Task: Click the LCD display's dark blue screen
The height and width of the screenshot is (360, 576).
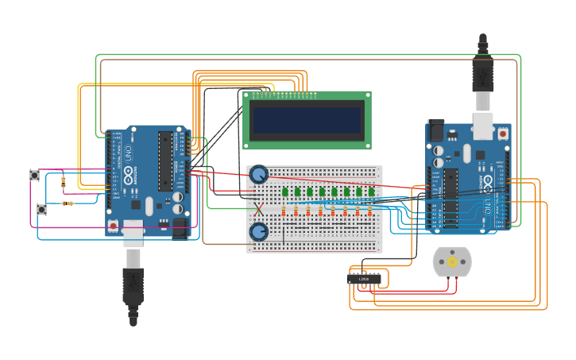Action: pyautogui.click(x=307, y=119)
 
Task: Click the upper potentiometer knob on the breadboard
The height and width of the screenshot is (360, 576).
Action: pyautogui.click(x=258, y=174)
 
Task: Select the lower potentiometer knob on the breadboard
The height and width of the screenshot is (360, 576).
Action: pyautogui.click(x=258, y=232)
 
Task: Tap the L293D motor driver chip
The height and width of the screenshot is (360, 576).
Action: pyautogui.click(x=364, y=279)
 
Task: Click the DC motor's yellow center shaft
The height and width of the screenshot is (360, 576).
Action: pyautogui.click(x=452, y=261)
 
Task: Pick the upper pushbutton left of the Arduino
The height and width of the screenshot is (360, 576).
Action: pyautogui.click(x=34, y=175)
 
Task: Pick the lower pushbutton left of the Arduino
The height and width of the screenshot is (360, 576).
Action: pyautogui.click(x=41, y=210)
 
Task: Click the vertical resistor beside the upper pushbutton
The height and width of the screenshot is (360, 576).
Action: pyautogui.click(x=64, y=181)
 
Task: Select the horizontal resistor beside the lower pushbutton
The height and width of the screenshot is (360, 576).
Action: pyautogui.click(x=67, y=203)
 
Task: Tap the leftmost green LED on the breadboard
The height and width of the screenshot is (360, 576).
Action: pyautogui.click(x=284, y=192)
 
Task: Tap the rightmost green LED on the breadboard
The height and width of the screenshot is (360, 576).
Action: pyautogui.click(x=371, y=192)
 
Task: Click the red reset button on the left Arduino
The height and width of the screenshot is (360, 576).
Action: pyautogui.click(x=113, y=226)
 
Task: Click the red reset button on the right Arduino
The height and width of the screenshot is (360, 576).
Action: pyautogui.click(x=502, y=134)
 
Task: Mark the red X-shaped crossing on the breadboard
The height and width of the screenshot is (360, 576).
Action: pyautogui.click(x=258, y=210)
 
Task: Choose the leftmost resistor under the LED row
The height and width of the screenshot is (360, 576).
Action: pyautogui.click(x=284, y=211)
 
